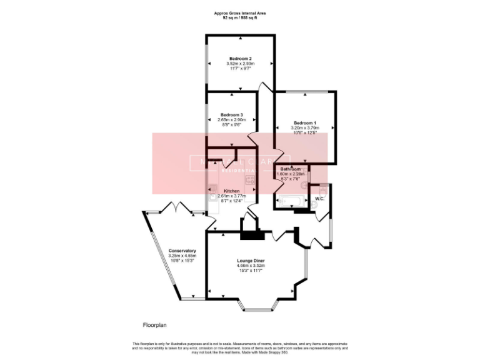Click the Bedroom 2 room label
pos(240,58)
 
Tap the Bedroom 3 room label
pos(231,115)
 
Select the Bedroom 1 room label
pos(306,122)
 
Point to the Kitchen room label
pos(232,191)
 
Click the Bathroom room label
pos(291,169)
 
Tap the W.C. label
pos(319,199)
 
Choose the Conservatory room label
pos(182,251)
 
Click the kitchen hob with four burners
pos(249,181)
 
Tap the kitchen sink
pos(213,196)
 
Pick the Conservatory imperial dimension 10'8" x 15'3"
pos(182,260)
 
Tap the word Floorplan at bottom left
pos(153,325)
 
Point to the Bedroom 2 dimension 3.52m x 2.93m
pos(240,63)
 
